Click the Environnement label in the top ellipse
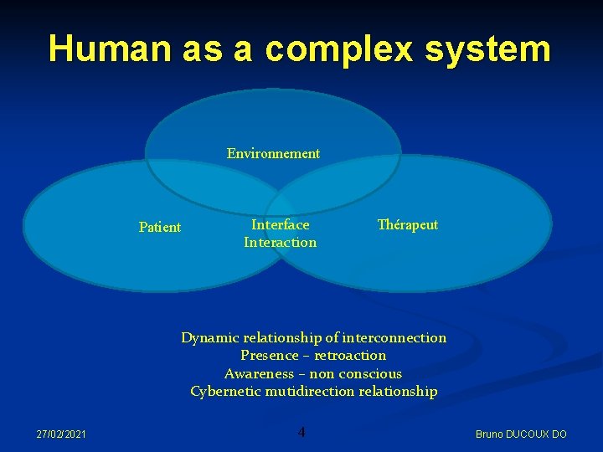pyautogui.click(x=273, y=153)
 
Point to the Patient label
pyautogui.click(x=159, y=227)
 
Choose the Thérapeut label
pyautogui.click(x=408, y=224)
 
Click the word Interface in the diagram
pyautogui.click(x=281, y=224)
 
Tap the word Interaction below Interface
pyautogui.click(x=281, y=243)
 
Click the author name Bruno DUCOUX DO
pyautogui.click(x=521, y=434)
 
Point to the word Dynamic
pyautogui.click(x=209, y=338)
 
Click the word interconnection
pyautogui.click(x=394, y=337)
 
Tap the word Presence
pyautogui.click(x=269, y=356)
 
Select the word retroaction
pyautogui.click(x=353, y=356)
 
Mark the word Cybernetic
pyautogui.click(x=224, y=391)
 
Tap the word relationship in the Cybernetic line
pyautogui.click(x=399, y=391)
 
